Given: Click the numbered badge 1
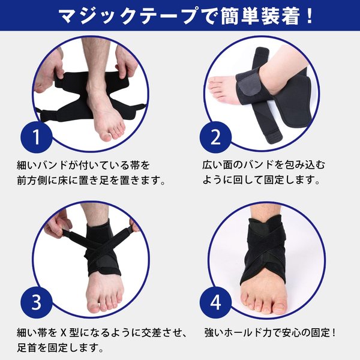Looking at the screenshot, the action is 37,137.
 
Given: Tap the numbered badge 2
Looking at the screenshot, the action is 215,137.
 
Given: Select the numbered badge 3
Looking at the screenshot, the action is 37,302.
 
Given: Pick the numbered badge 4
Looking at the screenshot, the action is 215,302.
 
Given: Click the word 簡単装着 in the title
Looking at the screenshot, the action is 260,16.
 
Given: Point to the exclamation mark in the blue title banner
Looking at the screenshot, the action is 310,16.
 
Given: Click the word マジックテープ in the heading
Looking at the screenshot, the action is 127,16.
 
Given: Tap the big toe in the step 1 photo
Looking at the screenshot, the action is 107,136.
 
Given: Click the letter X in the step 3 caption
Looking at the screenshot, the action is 63,332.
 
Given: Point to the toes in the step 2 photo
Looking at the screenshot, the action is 215,88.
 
